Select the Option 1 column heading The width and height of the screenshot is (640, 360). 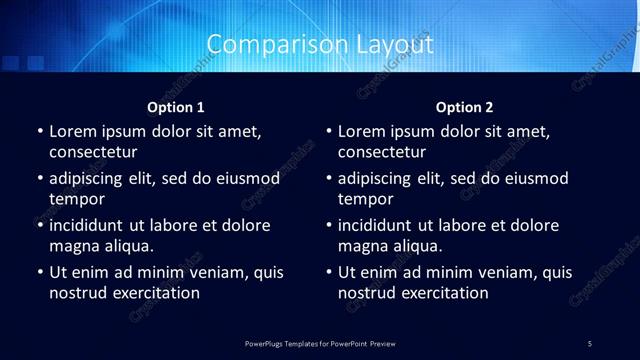176,107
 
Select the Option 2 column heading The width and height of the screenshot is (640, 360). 465,107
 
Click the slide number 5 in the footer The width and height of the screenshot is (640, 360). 590,344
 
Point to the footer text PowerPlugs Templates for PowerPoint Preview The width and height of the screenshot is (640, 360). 320,344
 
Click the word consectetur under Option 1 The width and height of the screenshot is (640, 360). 93,153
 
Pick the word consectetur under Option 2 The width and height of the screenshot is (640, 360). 382,153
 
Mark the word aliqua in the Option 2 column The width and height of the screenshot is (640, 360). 418,246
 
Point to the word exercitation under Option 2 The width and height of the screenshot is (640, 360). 445,293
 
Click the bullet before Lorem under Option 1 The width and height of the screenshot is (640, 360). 40,132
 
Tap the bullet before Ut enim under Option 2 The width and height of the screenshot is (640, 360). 329,272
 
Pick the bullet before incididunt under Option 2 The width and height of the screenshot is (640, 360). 329,226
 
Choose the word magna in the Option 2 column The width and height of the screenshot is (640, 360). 362,246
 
